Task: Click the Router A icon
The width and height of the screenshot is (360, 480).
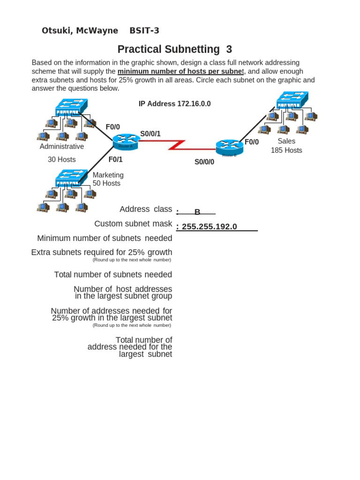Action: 126,140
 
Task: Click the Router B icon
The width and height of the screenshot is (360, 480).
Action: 229,148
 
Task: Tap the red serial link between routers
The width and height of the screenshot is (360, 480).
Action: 178,145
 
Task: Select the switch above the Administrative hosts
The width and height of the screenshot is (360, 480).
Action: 71,108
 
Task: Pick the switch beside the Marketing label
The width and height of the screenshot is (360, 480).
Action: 71,178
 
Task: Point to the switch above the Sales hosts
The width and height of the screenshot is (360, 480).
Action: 292,100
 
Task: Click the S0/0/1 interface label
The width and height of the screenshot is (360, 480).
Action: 150,134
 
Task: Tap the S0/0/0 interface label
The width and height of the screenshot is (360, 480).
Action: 204,162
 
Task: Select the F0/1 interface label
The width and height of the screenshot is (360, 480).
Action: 115,159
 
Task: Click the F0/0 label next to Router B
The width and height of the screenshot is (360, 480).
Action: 252,142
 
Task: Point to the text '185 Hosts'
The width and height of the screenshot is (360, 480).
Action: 286,150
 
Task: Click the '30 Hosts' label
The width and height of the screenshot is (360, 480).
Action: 61,159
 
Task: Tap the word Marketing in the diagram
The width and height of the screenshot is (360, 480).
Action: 108,175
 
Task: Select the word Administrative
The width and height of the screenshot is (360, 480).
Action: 62,146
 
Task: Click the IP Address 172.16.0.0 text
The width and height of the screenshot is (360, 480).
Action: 174,104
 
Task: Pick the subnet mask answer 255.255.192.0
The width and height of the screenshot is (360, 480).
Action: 209,227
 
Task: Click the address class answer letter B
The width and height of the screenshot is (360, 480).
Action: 197,212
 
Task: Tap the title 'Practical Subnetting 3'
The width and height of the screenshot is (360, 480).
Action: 174,49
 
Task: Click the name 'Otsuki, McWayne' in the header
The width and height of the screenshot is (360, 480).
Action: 80,31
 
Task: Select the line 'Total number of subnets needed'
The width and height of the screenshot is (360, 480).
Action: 113,275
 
